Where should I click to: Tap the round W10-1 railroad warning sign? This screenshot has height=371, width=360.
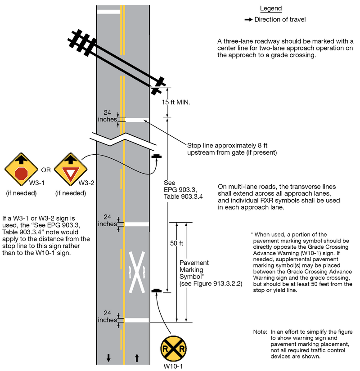pos(174,349)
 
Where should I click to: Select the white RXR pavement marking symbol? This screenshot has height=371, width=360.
pos(137,272)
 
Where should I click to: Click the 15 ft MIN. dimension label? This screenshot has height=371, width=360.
pos(176,103)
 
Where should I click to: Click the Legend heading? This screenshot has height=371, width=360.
pos(271,9)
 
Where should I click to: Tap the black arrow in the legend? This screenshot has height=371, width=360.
pos(247,20)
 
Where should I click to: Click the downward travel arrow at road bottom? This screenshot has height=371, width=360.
pos(108,358)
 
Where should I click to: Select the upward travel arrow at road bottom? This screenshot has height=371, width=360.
pos(137,358)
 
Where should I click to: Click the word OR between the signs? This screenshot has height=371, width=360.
pos(46,170)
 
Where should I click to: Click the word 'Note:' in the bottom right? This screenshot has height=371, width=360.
pos(260,332)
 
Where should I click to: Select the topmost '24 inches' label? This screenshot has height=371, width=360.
pos(107,116)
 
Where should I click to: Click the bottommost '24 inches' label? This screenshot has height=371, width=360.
pos(107,317)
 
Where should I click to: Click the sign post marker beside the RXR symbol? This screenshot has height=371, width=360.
pos(156,291)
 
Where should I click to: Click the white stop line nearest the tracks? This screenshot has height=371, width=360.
pos(137,120)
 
